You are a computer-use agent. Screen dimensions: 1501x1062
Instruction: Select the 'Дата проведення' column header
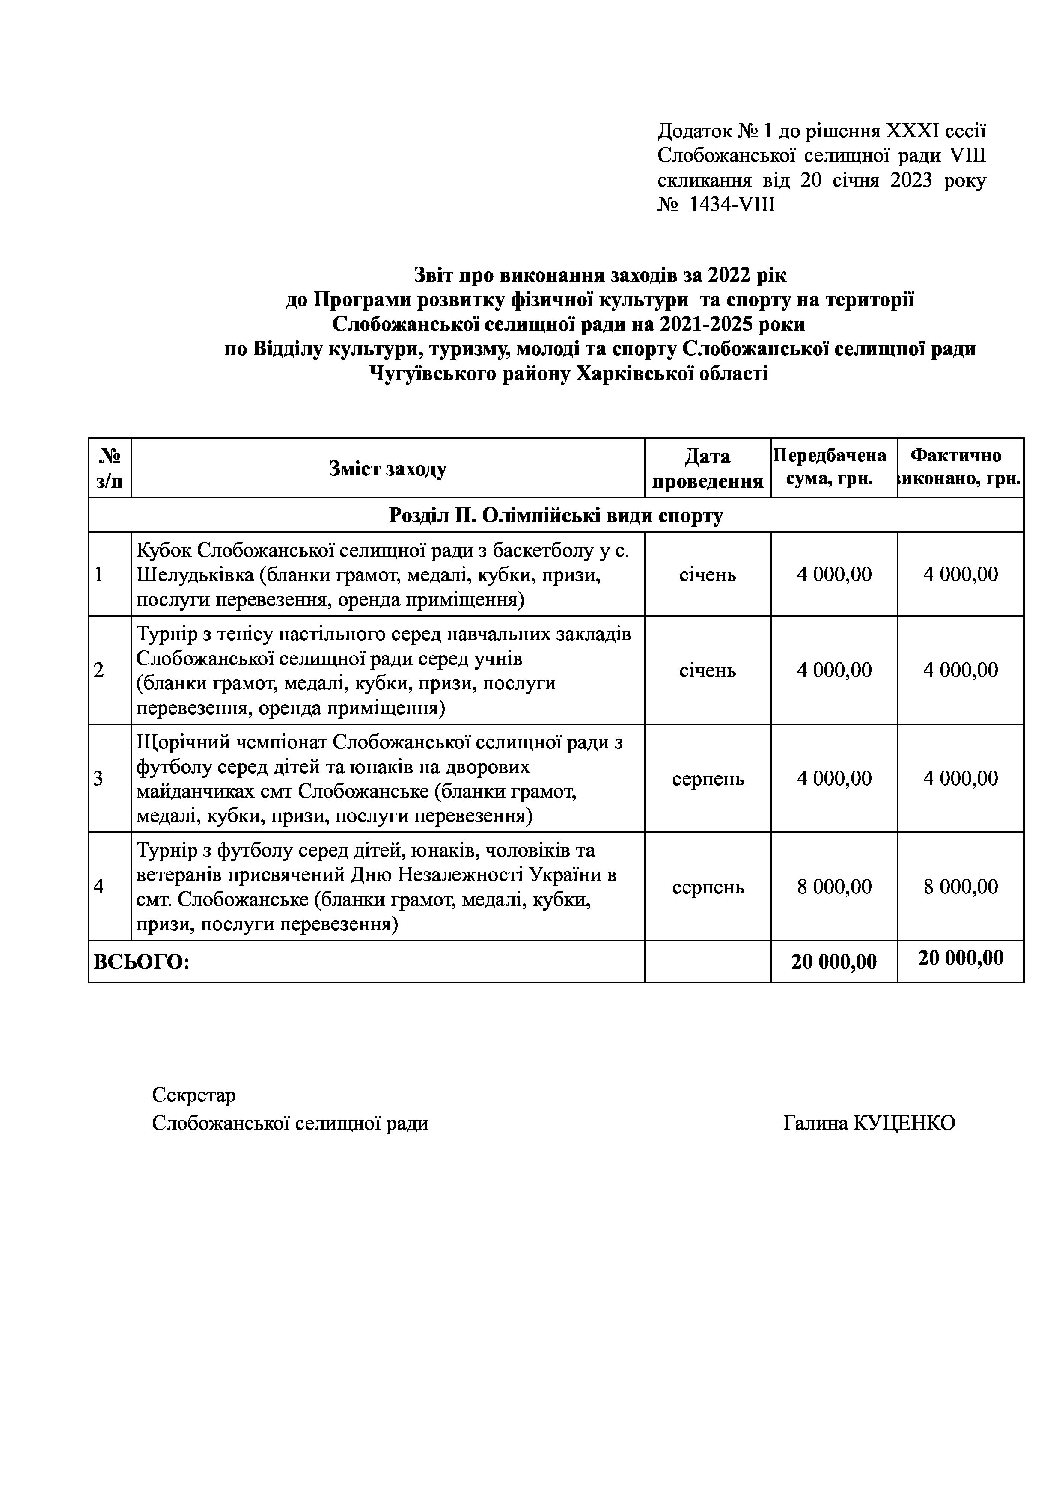tap(708, 468)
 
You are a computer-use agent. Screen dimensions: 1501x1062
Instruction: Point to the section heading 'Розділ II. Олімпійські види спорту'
tap(556, 515)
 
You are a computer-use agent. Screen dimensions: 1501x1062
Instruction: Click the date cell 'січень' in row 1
tap(708, 575)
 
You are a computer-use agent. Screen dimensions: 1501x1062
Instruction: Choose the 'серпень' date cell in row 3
tap(708, 779)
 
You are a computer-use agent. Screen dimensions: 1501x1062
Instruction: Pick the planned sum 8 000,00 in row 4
tap(834, 887)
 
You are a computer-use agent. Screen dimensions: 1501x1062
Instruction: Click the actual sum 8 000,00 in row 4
tap(960, 887)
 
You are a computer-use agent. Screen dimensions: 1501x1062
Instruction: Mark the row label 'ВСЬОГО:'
tap(142, 962)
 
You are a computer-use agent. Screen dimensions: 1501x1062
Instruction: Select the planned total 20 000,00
tap(834, 962)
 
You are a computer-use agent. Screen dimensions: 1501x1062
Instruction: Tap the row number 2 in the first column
tap(99, 670)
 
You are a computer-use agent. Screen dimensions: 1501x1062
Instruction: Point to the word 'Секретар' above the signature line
tap(193, 1095)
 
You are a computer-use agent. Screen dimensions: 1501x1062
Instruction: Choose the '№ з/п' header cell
tap(110, 468)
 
